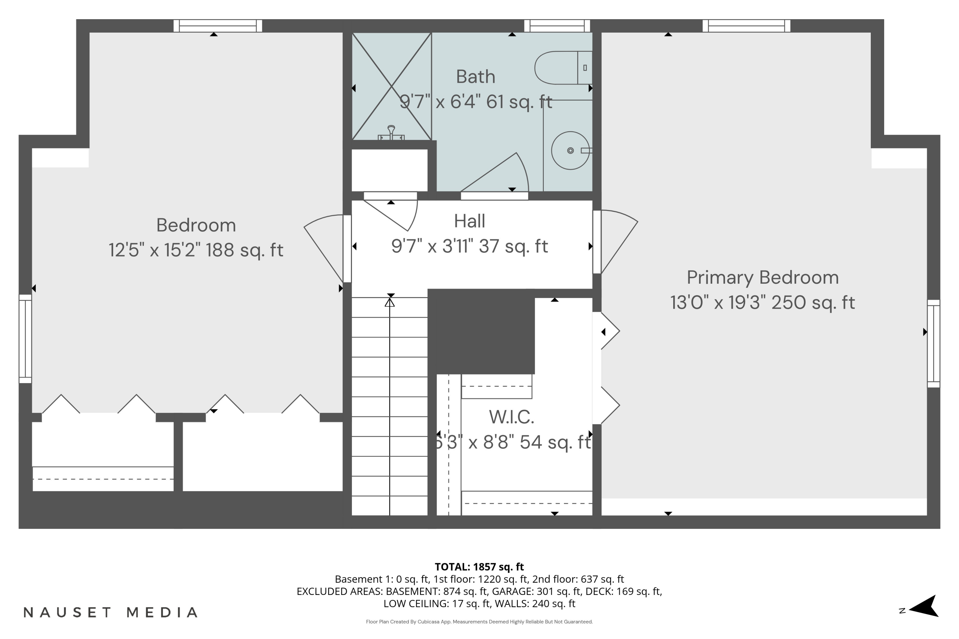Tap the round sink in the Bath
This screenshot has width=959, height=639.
570,150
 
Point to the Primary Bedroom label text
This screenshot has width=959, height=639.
762,278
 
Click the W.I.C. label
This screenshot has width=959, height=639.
511,417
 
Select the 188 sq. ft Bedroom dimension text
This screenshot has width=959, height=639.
196,250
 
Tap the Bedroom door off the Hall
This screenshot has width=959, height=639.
326,244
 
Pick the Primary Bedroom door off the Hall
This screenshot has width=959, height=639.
616,241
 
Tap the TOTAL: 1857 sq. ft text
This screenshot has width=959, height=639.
479,567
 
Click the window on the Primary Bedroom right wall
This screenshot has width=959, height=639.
933,343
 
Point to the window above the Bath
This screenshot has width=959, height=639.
557,26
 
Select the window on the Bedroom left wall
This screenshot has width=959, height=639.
25,339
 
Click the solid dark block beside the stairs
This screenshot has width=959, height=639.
481,332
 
